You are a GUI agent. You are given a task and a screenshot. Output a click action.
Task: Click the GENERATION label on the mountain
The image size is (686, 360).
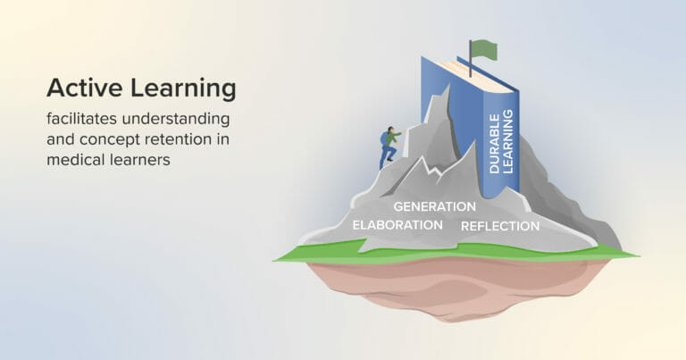(434, 206)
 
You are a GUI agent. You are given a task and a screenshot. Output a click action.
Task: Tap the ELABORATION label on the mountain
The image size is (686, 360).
(397, 224)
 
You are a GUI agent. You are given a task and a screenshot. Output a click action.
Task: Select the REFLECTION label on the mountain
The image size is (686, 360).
(500, 226)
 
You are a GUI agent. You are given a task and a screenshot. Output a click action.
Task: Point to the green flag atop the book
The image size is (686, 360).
(483, 49)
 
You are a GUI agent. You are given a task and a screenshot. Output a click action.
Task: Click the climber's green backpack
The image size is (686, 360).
(385, 138)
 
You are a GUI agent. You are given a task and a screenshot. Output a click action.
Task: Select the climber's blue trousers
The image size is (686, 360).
(387, 155)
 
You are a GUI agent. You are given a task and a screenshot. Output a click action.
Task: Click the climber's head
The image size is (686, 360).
(391, 128)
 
